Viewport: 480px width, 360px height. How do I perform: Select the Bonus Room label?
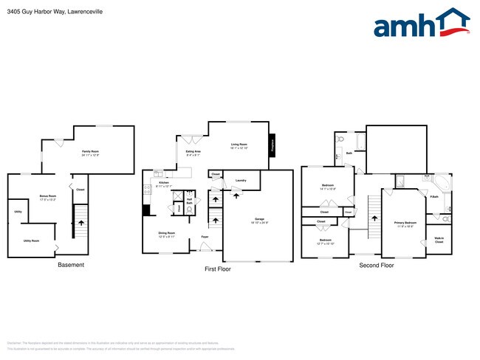pos(49,197)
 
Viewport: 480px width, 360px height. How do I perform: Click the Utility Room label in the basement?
pos(31,240)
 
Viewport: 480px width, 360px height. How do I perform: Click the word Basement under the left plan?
pos(71,265)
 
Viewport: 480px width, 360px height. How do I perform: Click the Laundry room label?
pos(241,180)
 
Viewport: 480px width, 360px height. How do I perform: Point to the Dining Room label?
pos(167,233)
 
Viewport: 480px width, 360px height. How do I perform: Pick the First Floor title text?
pos(218,269)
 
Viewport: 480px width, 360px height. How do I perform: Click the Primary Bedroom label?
pos(405,224)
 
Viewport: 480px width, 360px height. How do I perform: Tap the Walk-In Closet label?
pos(439,240)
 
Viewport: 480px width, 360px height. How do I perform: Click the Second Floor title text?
pos(377,265)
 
